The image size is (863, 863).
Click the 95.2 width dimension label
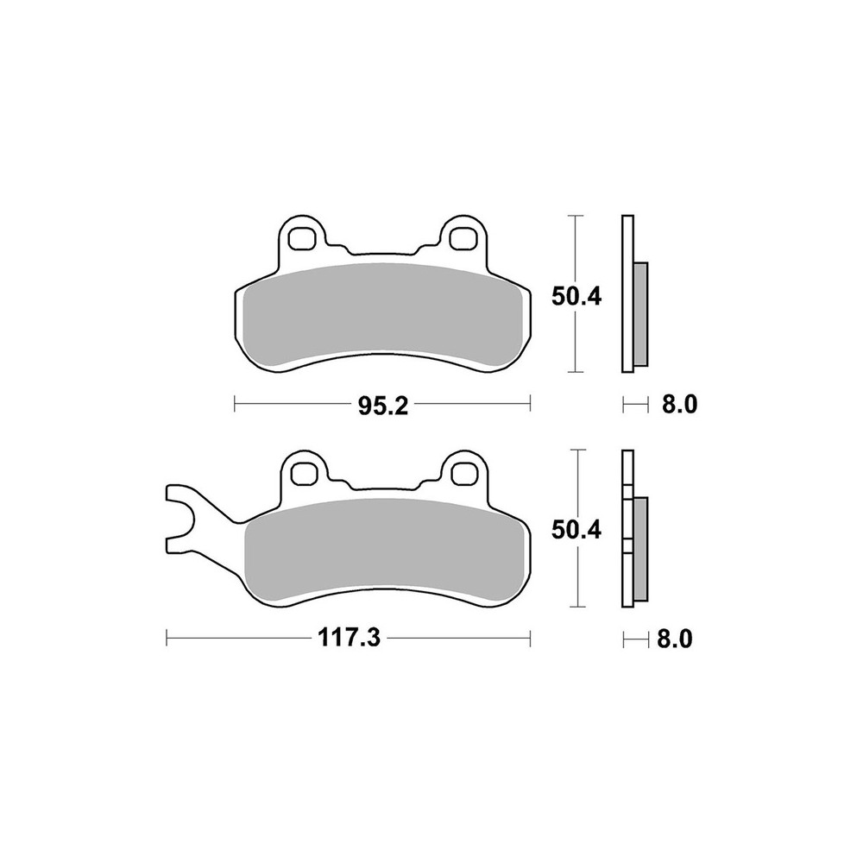383,406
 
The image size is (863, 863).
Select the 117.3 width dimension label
349,639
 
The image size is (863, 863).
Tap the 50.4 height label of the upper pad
576,297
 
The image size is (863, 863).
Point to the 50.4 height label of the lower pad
576,531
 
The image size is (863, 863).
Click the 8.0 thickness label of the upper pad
679,405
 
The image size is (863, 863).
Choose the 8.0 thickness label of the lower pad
675,639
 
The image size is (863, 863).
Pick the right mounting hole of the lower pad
463,473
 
